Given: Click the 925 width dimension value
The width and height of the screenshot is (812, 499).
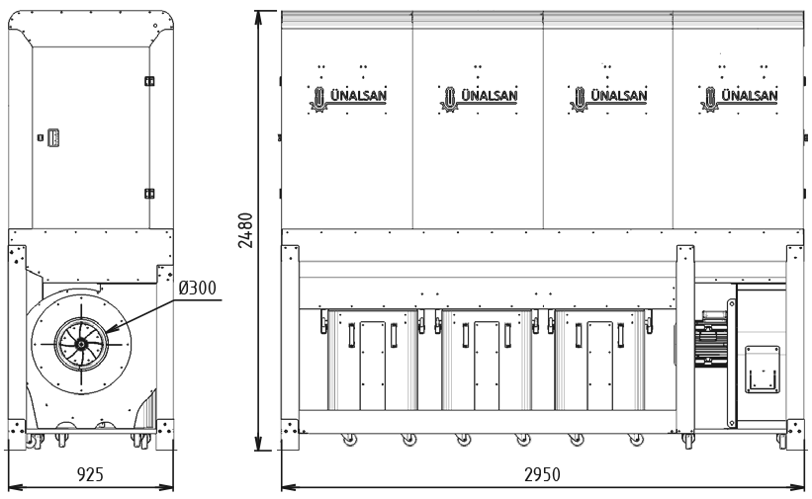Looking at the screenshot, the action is [90, 473].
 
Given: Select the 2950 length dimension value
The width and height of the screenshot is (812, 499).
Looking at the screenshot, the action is [542, 474].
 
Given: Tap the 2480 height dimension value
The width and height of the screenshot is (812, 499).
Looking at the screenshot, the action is [245, 230].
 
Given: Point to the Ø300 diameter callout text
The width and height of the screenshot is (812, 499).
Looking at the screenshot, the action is [197, 288].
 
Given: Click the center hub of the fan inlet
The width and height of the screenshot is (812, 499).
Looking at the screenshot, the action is [81, 343].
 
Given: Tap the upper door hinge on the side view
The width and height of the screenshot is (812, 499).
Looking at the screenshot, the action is [149, 81].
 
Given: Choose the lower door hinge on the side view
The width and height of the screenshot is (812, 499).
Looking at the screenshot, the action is [149, 194].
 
